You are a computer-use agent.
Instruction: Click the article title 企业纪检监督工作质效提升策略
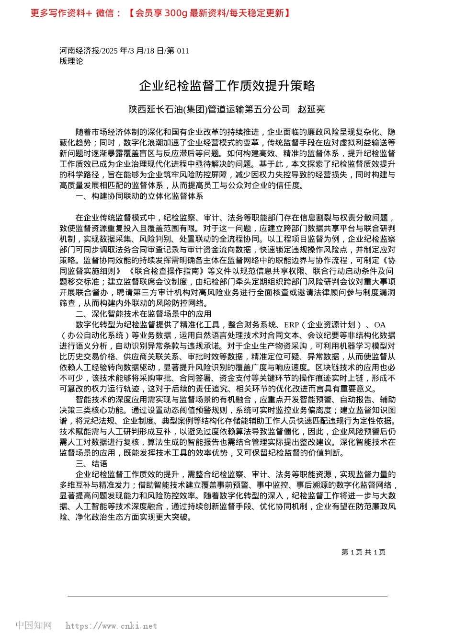227,86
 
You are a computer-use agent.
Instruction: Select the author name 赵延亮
311,109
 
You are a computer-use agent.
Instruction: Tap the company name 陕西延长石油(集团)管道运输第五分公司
209,109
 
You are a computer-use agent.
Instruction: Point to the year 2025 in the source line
110,51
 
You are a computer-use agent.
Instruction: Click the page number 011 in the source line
183,51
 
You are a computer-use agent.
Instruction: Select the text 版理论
71,61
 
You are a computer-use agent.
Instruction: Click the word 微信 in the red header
105,13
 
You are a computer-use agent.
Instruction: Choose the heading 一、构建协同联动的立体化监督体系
139,196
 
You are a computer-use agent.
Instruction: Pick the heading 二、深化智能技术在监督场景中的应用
143,314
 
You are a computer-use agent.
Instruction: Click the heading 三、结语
91,463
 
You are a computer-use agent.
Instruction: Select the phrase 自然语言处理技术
212,335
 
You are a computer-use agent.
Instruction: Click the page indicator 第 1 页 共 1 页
363,552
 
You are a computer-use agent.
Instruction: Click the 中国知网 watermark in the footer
34,625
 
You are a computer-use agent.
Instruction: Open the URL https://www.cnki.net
111,626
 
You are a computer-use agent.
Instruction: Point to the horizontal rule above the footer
227,597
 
